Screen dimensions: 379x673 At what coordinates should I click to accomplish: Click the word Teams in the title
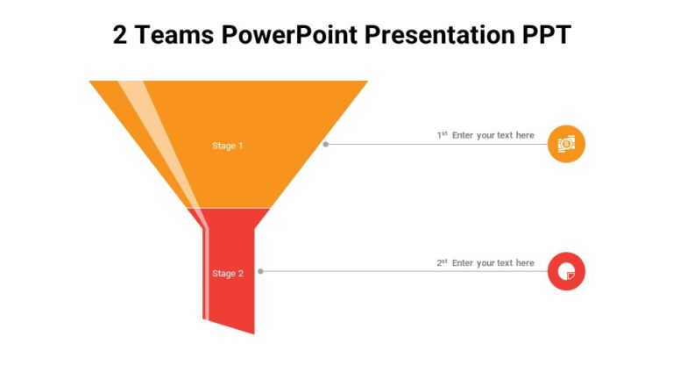pos(174,35)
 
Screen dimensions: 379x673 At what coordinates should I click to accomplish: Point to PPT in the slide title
pos(542,35)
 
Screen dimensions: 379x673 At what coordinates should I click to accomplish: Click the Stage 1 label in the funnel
pos(228,146)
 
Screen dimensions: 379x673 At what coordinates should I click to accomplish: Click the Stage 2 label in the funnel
pos(228,274)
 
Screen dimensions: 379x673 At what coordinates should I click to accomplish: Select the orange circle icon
pos(566,143)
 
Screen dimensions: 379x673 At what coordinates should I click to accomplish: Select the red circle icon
pos(566,271)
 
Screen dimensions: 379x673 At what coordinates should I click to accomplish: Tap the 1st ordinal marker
pos(443,135)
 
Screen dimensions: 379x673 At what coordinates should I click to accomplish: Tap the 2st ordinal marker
pos(443,263)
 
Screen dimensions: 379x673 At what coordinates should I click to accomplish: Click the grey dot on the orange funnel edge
pos(326,144)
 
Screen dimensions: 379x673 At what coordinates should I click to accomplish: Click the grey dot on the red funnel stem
pos(260,271)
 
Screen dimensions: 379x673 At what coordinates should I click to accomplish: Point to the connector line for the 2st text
pos(403,272)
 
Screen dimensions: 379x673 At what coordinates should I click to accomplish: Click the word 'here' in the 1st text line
pos(525,135)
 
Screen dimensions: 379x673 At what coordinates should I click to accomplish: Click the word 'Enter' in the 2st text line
pos(463,263)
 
